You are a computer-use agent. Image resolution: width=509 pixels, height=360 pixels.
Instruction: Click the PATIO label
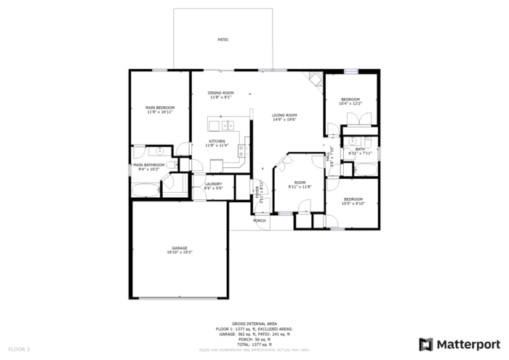coord(223,39)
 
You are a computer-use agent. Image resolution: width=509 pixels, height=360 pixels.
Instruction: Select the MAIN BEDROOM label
coord(160,108)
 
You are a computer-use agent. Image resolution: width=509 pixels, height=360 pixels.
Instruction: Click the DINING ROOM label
coord(220,93)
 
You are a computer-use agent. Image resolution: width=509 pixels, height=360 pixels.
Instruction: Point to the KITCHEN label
coord(217,141)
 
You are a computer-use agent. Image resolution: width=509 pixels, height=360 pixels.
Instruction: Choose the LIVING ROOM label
coord(284,115)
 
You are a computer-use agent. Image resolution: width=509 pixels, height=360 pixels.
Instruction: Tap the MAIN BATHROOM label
coord(148,165)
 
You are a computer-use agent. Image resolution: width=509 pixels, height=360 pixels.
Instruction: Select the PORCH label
coord(260,220)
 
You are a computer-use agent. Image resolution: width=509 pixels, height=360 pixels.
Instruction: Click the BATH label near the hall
coord(359,149)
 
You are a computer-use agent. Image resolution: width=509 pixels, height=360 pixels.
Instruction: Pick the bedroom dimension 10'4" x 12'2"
coord(350,103)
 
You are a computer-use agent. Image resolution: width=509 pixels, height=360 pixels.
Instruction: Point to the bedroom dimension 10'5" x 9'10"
coord(353,204)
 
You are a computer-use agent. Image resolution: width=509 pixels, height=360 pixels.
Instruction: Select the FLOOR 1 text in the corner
coord(19,350)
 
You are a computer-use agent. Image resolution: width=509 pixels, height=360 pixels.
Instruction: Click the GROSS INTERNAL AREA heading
coord(254,323)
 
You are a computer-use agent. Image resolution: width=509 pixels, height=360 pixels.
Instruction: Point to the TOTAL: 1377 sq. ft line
coord(254,344)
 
